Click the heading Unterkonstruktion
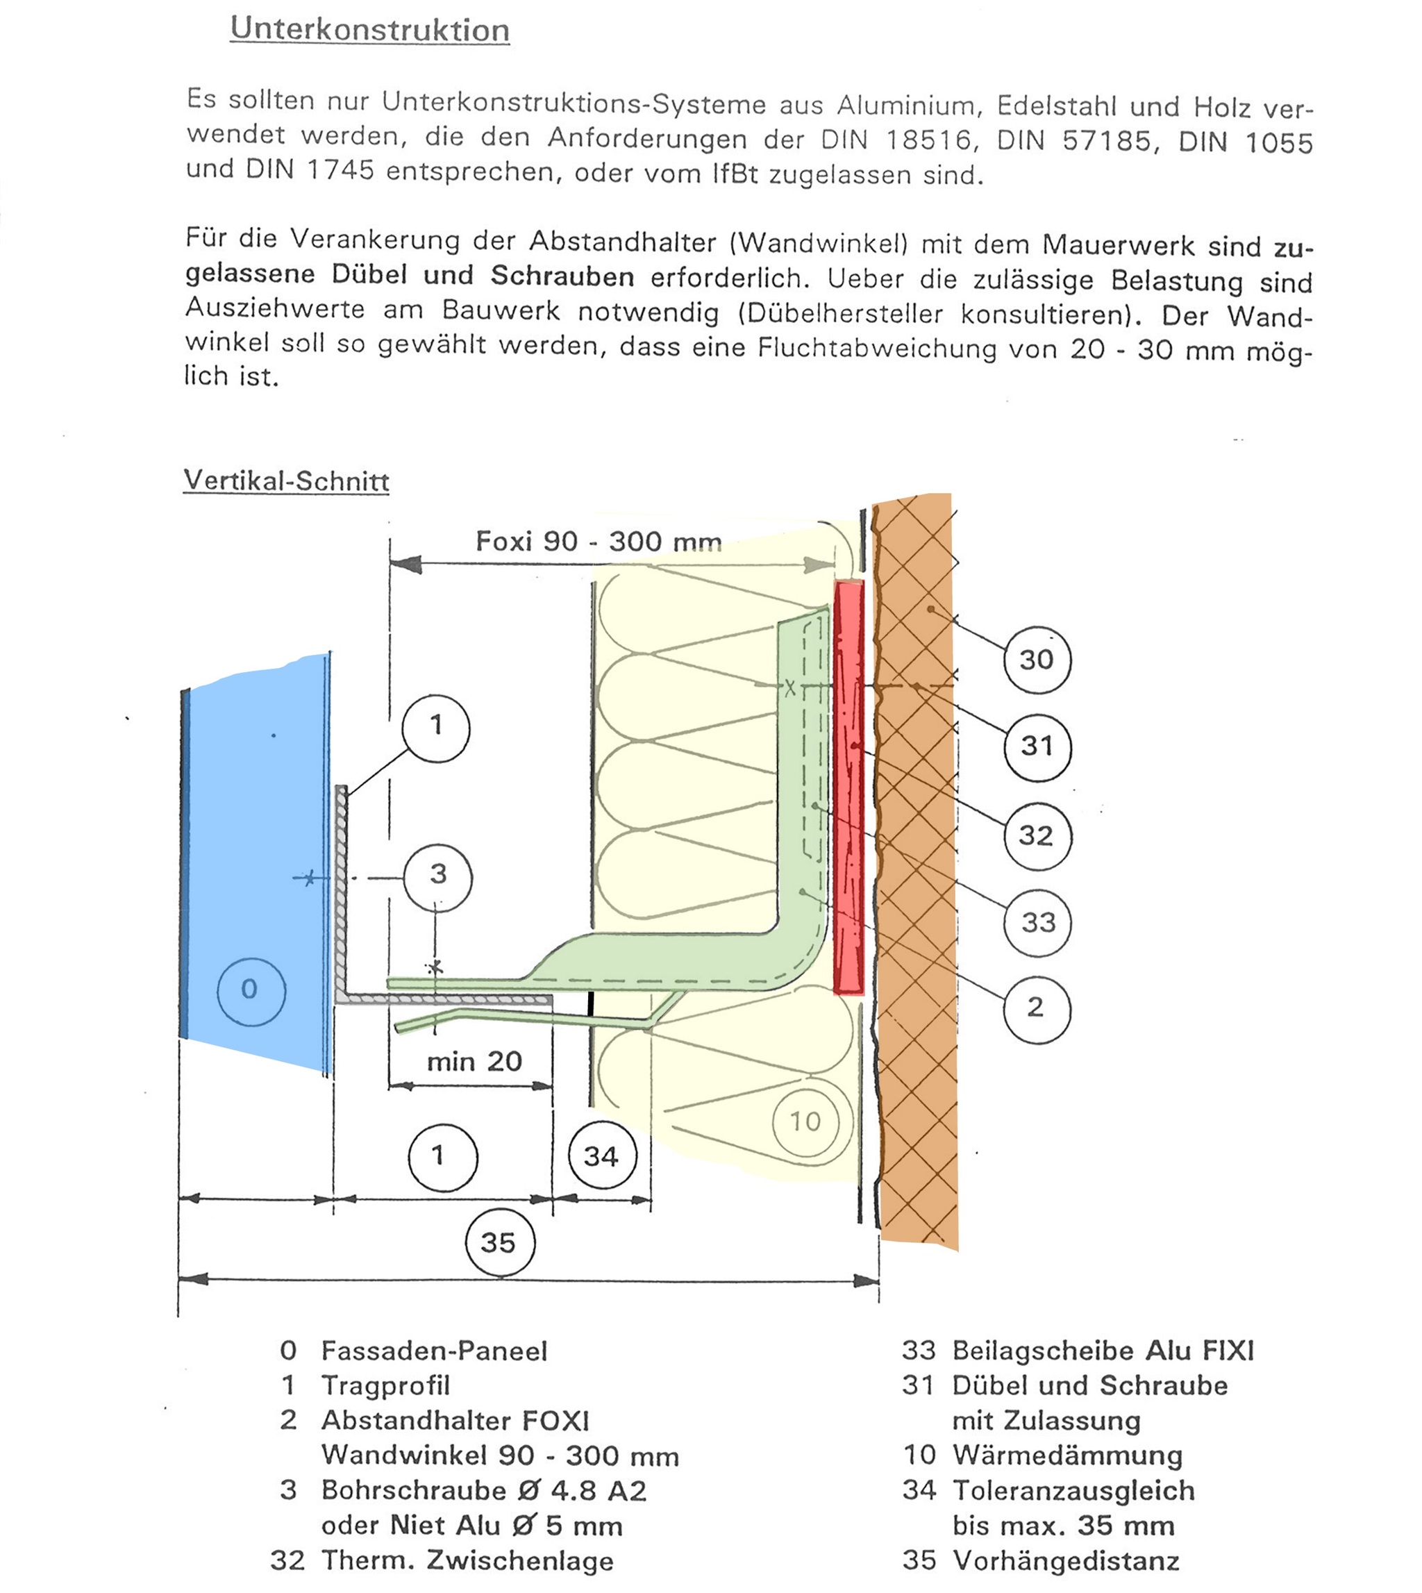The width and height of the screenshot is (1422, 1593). pyautogui.click(x=369, y=30)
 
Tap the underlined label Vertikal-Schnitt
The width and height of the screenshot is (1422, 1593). pyautogui.click(x=286, y=480)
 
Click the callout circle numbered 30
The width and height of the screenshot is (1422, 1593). pyautogui.click(x=1036, y=660)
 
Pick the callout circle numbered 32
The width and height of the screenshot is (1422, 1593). pyautogui.click(x=1036, y=836)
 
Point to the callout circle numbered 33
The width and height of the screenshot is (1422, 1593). pyautogui.click(x=1037, y=923)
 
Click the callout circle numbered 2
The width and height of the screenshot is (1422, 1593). pyautogui.click(x=1035, y=1007)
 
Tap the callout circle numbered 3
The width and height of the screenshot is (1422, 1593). pyautogui.click(x=437, y=874)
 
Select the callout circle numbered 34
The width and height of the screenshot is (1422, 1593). pyautogui.click(x=601, y=1156)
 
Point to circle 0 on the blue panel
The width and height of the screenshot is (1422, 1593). pyautogui.click(x=250, y=989)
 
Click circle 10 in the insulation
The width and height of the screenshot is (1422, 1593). pyautogui.click(x=805, y=1122)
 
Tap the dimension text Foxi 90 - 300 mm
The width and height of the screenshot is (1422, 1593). pyautogui.click(x=599, y=541)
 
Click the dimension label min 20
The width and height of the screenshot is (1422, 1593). pyautogui.click(x=474, y=1061)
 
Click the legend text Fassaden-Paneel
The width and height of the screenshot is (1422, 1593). pyautogui.click(x=435, y=1351)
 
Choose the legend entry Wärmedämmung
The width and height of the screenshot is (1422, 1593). pyautogui.click(x=1066, y=1456)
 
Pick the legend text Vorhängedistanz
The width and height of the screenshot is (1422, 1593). pyautogui.click(x=1066, y=1560)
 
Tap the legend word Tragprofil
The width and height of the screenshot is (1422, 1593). pyautogui.click(x=386, y=1385)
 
